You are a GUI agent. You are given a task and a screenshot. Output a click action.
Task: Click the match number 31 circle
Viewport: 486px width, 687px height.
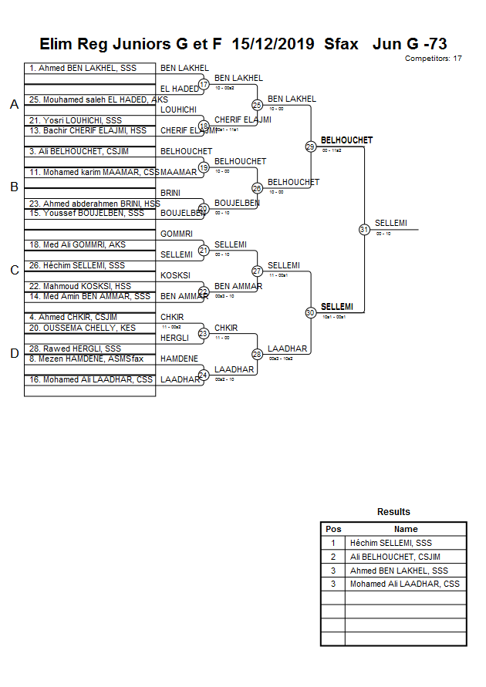click(364, 229)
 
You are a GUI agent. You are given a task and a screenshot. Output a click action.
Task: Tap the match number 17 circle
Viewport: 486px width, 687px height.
click(204, 84)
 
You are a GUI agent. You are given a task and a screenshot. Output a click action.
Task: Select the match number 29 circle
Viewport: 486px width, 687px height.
click(310, 146)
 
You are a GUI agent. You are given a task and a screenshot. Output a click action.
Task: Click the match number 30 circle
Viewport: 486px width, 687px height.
click(310, 312)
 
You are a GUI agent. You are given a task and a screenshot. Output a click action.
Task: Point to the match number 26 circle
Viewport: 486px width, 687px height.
click(258, 187)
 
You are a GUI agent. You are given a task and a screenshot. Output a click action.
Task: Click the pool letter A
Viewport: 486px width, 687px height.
click(14, 105)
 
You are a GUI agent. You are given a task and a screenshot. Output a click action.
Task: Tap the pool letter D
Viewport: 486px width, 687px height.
click(14, 353)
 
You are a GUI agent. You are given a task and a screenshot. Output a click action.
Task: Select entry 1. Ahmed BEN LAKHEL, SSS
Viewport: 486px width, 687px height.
click(83, 69)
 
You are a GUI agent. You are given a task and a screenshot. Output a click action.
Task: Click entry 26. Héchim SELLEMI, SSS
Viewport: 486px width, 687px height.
click(77, 265)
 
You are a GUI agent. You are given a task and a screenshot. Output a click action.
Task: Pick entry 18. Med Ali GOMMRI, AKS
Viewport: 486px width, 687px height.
click(78, 244)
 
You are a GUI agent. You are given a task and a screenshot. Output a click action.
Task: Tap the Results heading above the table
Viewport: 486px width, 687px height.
click(393, 512)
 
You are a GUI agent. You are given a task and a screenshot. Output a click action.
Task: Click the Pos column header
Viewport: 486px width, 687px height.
click(333, 529)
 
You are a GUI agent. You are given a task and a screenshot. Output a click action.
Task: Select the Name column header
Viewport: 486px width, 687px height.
click(406, 529)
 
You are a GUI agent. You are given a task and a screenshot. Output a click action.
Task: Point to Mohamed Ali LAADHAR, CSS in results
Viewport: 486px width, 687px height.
click(404, 584)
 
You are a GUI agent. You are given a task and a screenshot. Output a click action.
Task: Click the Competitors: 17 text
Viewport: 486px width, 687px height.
click(434, 59)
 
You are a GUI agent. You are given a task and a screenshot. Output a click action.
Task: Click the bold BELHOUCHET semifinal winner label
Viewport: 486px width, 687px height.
click(346, 140)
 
